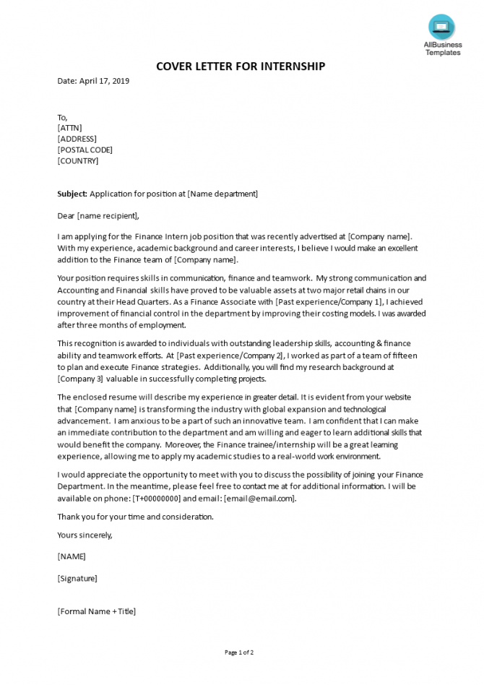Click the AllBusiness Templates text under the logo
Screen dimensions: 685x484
point(441,48)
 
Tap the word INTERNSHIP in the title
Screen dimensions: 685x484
point(288,66)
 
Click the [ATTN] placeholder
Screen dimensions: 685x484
point(70,128)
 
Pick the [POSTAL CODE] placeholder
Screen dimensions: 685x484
point(85,150)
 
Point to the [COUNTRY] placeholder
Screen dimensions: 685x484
point(78,160)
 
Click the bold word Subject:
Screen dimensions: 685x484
point(72,194)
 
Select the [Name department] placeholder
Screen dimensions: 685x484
point(222,194)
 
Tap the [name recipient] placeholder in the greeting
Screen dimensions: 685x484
point(107,215)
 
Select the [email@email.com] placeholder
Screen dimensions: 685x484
point(259,498)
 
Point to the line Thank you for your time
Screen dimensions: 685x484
point(135,517)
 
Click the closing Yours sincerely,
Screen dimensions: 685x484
point(85,535)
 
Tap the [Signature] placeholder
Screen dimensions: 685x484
point(77,578)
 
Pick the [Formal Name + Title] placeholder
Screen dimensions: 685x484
point(96,611)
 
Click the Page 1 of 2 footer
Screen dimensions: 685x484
point(239,652)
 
